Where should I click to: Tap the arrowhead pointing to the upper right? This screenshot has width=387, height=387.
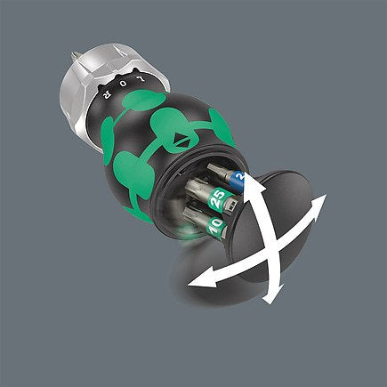coord(320,201)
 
